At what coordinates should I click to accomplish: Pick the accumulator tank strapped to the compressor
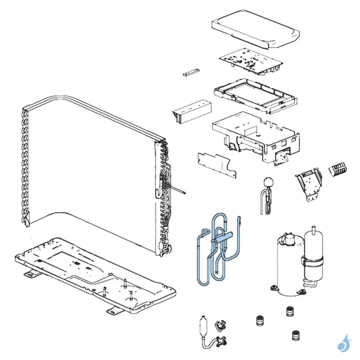(x=313, y=256)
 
